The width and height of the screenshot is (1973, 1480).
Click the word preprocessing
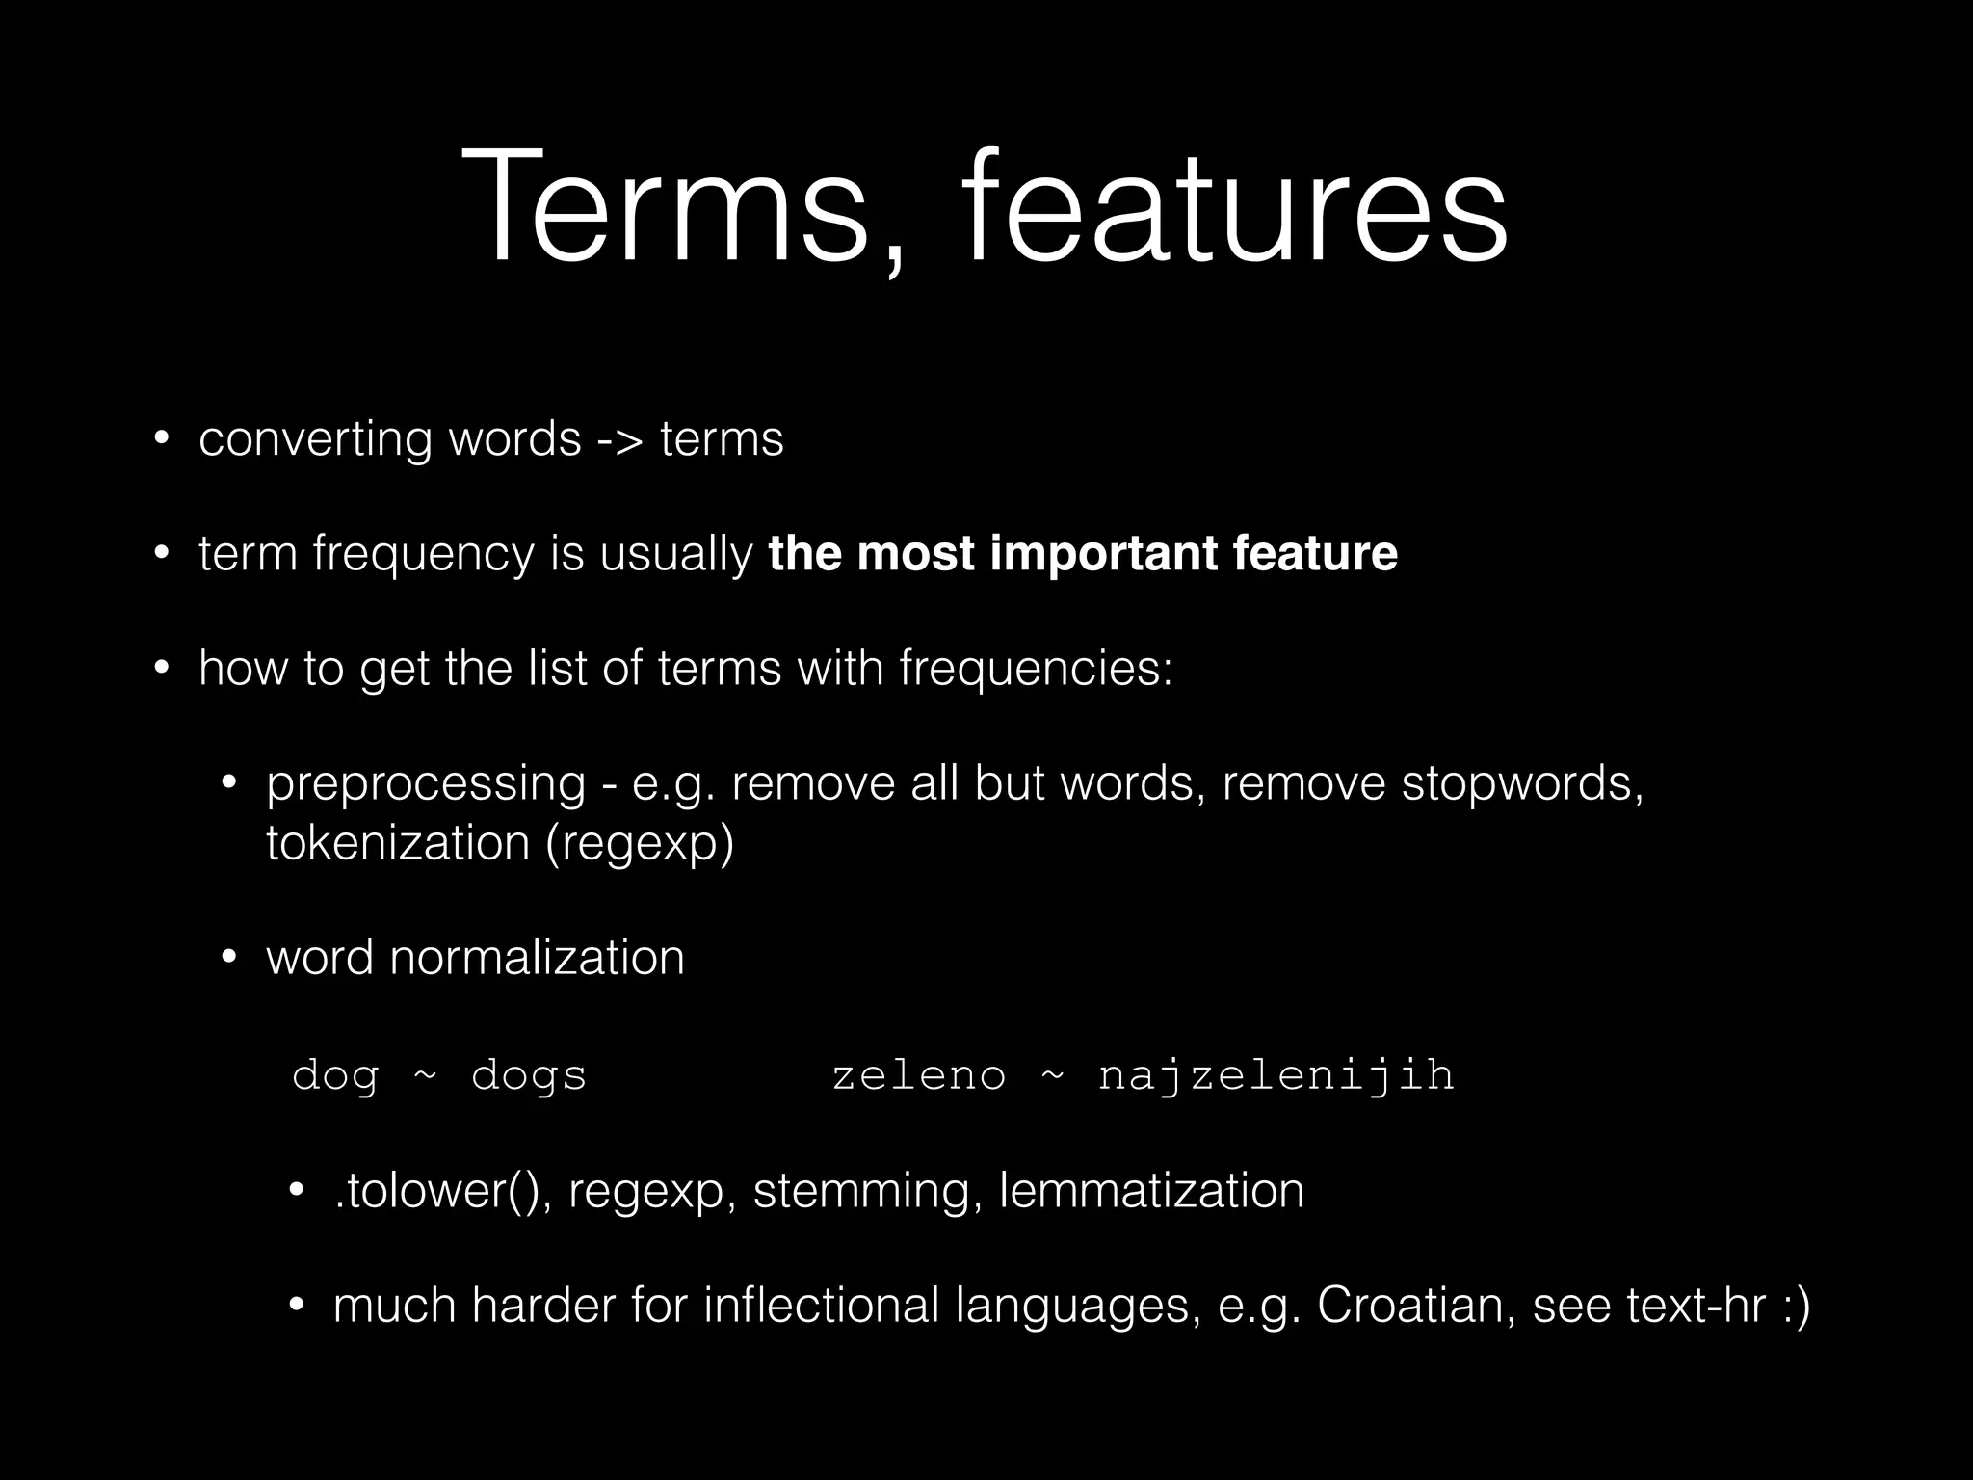click(x=425, y=784)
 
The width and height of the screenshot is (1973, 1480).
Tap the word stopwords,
click(x=1522, y=784)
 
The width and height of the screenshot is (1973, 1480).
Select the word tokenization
click(x=398, y=843)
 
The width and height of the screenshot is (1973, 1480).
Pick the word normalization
click(x=537, y=959)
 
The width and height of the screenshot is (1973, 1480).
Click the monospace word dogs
click(x=529, y=1076)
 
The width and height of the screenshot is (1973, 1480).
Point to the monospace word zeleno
click(x=918, y=1076)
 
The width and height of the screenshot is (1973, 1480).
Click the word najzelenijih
click(x=1276, y=1076)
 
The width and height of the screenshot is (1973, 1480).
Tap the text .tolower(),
click(x=442, y=1192)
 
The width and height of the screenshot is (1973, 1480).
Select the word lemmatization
click(x=1151, y=1192)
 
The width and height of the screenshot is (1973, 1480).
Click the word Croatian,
click(x=1416, y=1307)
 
